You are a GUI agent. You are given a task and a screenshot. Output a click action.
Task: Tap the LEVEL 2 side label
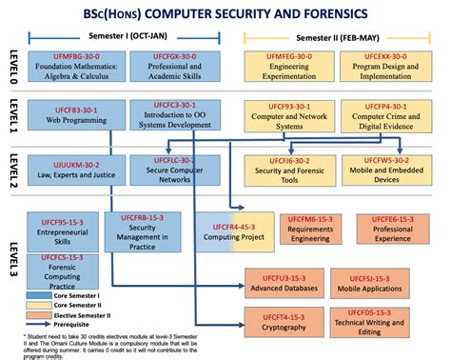13,168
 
